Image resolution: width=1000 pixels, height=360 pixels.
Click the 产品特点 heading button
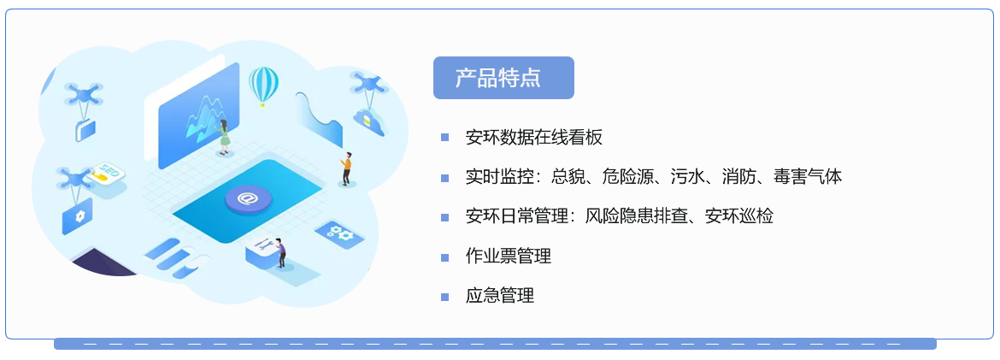click(503, 78)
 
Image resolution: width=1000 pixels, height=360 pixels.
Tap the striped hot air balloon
click(263, 86)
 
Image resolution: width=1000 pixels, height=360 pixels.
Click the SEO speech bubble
click(106, 174)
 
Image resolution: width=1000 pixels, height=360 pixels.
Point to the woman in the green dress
click(224, 136)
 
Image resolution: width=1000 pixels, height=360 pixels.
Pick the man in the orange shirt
click(345, 168)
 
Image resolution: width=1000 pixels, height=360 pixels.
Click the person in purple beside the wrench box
click(281, 252)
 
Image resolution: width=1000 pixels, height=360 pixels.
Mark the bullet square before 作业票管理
click(444, 257)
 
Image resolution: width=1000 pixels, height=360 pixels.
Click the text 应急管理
click(500, 296)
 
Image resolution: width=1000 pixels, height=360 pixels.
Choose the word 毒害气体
click(808, 177)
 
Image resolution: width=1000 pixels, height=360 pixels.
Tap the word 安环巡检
click(739, 216)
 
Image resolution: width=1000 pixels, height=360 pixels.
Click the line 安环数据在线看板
click(534, 137)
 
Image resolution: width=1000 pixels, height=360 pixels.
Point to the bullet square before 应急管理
click(444, 297)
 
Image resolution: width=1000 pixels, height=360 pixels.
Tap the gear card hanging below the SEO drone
click(77, 216)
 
